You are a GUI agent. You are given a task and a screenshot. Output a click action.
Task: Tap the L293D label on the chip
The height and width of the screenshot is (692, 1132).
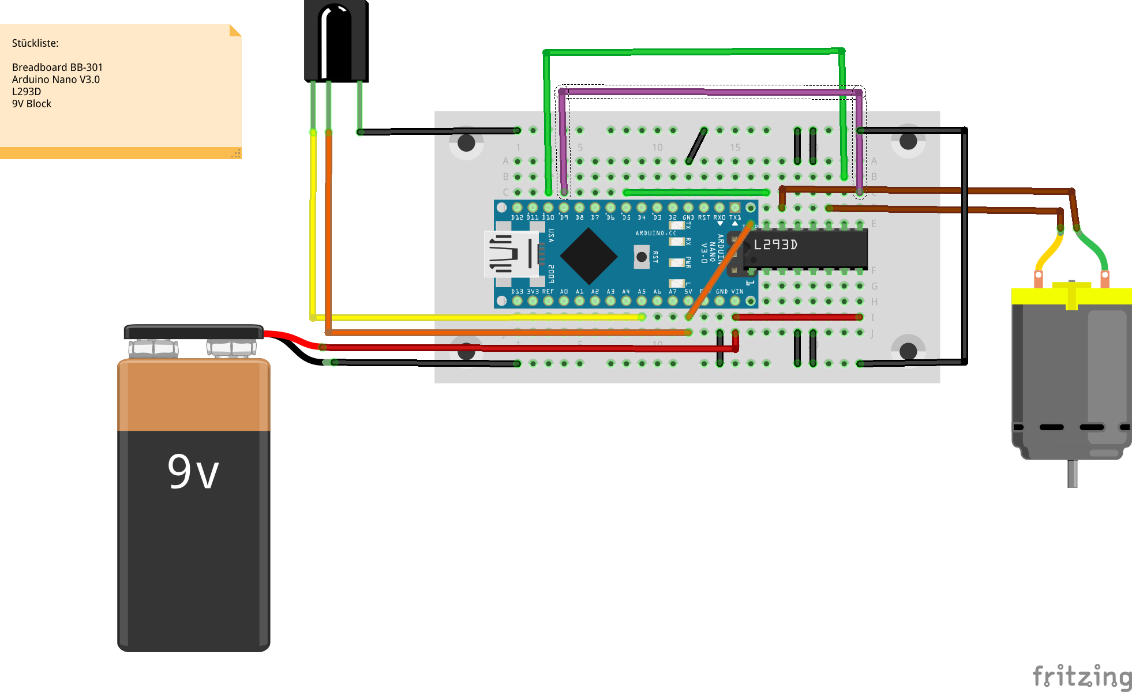pos(775,245)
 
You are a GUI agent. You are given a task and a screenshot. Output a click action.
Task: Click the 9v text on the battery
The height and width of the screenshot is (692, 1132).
pos(193,472)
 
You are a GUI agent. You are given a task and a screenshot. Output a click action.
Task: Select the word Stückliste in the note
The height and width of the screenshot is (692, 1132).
pos(35,43)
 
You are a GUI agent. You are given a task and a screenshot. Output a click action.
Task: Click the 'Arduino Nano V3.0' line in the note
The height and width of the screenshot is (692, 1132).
pos(56,80)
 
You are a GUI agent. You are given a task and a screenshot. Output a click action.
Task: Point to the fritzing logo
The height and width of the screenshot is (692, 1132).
pos(1081,676)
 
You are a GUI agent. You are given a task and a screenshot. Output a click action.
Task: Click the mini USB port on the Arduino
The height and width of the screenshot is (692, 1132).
pos(511,254)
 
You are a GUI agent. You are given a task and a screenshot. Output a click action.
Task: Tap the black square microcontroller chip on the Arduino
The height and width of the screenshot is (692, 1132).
pos(588,255)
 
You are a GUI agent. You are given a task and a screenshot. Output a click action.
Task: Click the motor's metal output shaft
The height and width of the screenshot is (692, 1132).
pos(1072,473)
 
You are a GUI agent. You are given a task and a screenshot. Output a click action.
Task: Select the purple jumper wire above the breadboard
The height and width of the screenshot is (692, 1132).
pos(710,92)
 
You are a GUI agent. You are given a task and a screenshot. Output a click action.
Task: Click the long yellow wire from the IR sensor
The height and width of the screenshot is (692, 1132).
pos(313,231)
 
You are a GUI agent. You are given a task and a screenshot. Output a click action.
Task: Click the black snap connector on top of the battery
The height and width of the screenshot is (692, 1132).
pos(193,332)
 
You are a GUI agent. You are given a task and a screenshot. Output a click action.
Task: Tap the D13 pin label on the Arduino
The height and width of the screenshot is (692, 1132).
pos(517,292)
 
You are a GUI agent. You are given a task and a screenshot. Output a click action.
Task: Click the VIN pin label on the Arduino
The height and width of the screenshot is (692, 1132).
pos(737,292)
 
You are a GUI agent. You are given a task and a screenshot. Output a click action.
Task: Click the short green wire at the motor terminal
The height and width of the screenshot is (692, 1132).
pos(1093,249)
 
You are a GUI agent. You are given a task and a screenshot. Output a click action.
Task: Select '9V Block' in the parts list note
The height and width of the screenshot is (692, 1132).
pos(32,104)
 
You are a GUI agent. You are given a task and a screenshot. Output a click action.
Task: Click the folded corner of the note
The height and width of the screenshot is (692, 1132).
pos(235,30)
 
